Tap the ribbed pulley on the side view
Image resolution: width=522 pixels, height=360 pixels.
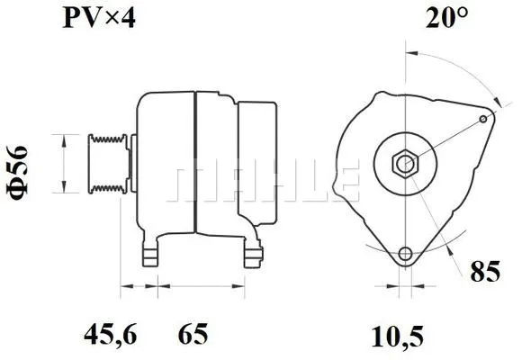106,163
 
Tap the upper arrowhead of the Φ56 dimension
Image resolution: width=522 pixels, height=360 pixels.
61,138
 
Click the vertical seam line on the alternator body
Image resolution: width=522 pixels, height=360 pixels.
195,162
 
